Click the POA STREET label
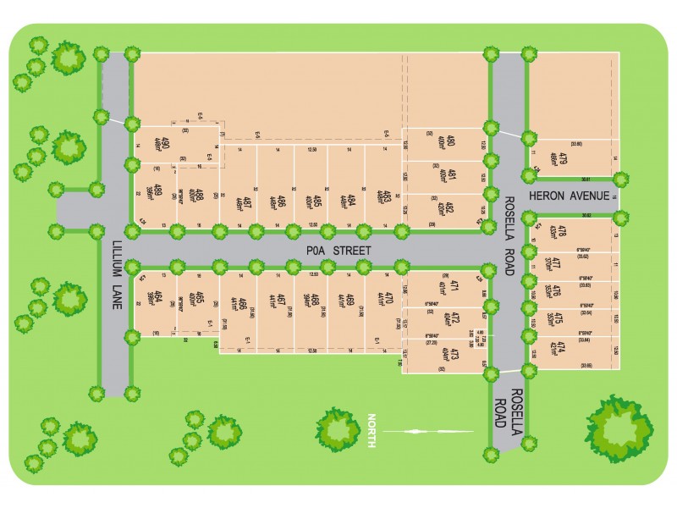(338, 251)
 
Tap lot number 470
(390, 300)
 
